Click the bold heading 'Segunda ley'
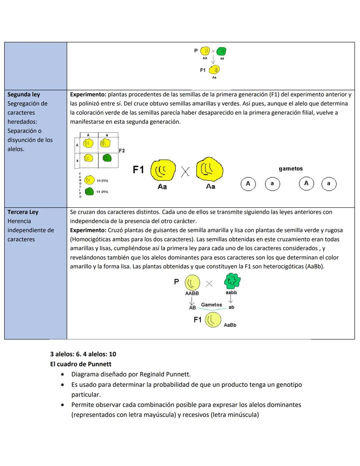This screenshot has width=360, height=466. point(24,94)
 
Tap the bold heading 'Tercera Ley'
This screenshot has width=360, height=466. point(23,212)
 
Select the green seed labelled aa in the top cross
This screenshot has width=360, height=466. point(221,51)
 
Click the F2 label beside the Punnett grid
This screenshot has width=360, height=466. point(122,151)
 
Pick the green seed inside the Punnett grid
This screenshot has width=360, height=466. point(107,158)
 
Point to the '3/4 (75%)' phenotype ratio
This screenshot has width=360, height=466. point(102,181)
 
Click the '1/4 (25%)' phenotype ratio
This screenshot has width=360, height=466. point(102,192)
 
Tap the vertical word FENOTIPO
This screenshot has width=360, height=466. point(80,185)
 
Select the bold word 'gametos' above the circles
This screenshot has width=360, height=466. point(291,169)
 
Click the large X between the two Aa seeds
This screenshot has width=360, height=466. point(186,172)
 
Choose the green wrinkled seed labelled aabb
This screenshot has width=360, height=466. point(232,281)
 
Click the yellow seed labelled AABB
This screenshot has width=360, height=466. point(192,283)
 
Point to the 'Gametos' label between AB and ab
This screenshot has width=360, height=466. point(211,305)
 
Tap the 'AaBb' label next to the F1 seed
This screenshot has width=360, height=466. point(230,325)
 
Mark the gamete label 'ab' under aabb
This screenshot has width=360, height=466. point(231,307)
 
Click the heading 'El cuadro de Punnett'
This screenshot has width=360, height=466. point(81,364)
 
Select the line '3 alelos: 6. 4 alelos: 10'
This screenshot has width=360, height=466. point(83,354)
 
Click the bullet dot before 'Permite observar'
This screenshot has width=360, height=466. point(62,405)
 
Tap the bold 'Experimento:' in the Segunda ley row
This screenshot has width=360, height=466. point(88,94)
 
